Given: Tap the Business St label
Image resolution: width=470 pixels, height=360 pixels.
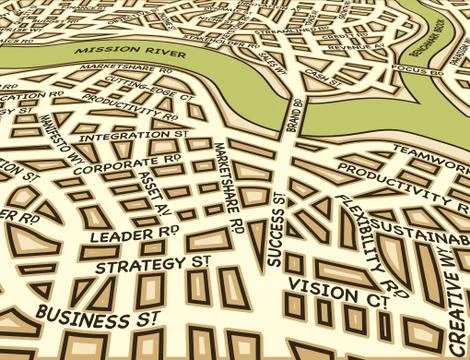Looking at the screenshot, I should [x=98, y=317].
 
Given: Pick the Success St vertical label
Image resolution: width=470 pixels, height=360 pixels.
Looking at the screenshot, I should [x=275, y=229].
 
